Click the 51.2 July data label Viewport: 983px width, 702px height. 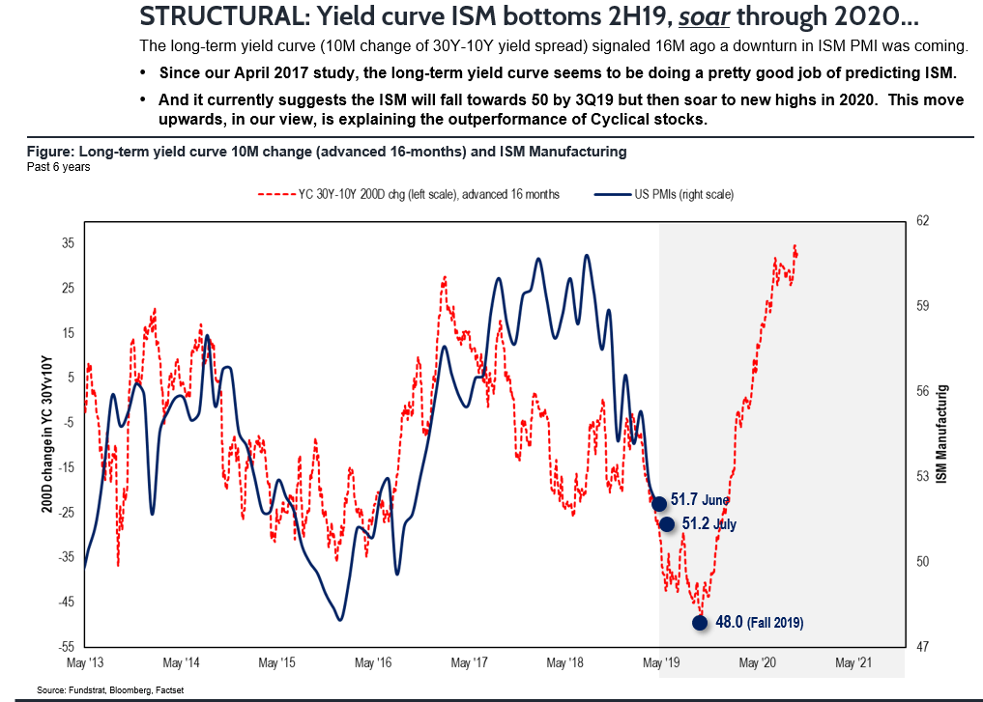pyautogui.click(x=708, y=523)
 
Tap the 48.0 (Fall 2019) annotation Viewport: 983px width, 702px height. pyautogui.click(x=759, y=623)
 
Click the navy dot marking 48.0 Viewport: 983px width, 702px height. pyautogui.click(x=700, y=623)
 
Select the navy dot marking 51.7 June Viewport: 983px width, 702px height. pyautogui.click(x=659, y=503)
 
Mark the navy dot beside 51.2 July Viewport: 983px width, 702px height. pyautogui.click(x=666, y=524)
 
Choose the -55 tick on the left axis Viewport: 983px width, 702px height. pyautogui.click(x=67, y=646)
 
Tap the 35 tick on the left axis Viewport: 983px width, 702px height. pyautogui.click(x=69, y=243)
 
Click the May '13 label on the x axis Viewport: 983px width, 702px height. pyautogui.click(x=86, y=663)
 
